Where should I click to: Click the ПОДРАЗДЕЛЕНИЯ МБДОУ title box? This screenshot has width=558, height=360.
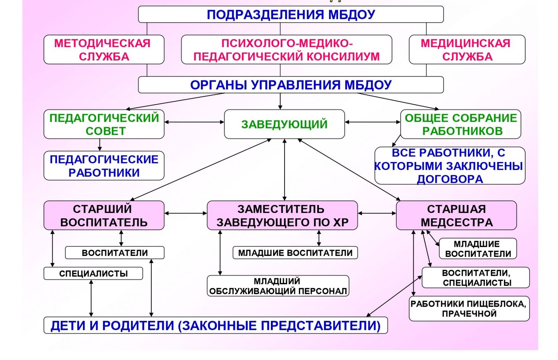point(291,15)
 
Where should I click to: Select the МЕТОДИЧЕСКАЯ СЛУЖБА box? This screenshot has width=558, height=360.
point(104,50)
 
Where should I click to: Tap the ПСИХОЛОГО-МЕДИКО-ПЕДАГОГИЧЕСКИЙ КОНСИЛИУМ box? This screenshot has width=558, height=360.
point(286,50)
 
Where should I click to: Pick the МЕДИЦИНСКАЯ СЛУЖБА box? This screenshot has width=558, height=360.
point(467,50)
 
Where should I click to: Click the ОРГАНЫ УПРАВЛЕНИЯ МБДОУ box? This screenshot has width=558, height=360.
point(291,85)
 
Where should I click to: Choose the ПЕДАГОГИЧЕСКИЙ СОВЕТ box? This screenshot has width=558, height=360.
point(104,124)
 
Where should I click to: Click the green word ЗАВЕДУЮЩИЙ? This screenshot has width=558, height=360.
point(284,124)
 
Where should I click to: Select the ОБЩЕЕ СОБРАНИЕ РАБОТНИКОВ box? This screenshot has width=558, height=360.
point(460,124)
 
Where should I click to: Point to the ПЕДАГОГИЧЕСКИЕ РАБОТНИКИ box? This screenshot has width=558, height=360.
point(104,166)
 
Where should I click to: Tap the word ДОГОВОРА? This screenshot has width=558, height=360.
point(450,179)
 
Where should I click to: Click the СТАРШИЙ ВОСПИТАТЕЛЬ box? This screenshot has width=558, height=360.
point(104,215)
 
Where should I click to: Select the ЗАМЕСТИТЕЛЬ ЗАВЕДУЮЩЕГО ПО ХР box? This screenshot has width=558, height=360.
point(282,215)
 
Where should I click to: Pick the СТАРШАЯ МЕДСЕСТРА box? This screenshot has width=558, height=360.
point(456,215)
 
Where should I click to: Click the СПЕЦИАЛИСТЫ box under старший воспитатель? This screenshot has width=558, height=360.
point(93,273)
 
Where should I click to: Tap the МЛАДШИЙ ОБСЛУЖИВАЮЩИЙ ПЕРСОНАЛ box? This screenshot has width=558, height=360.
point(278,286)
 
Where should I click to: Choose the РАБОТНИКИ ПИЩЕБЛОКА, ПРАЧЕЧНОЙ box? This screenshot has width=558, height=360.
point(469,309)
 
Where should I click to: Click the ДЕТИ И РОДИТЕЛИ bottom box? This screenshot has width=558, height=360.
point(215,325)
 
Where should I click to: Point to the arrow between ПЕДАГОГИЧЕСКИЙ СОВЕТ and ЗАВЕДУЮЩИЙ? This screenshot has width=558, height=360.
point(194,122)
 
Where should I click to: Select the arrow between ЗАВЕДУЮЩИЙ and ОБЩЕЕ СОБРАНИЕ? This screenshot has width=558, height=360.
point(372,122)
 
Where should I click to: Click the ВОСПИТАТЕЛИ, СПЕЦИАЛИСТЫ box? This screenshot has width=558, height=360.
point(476,278)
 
